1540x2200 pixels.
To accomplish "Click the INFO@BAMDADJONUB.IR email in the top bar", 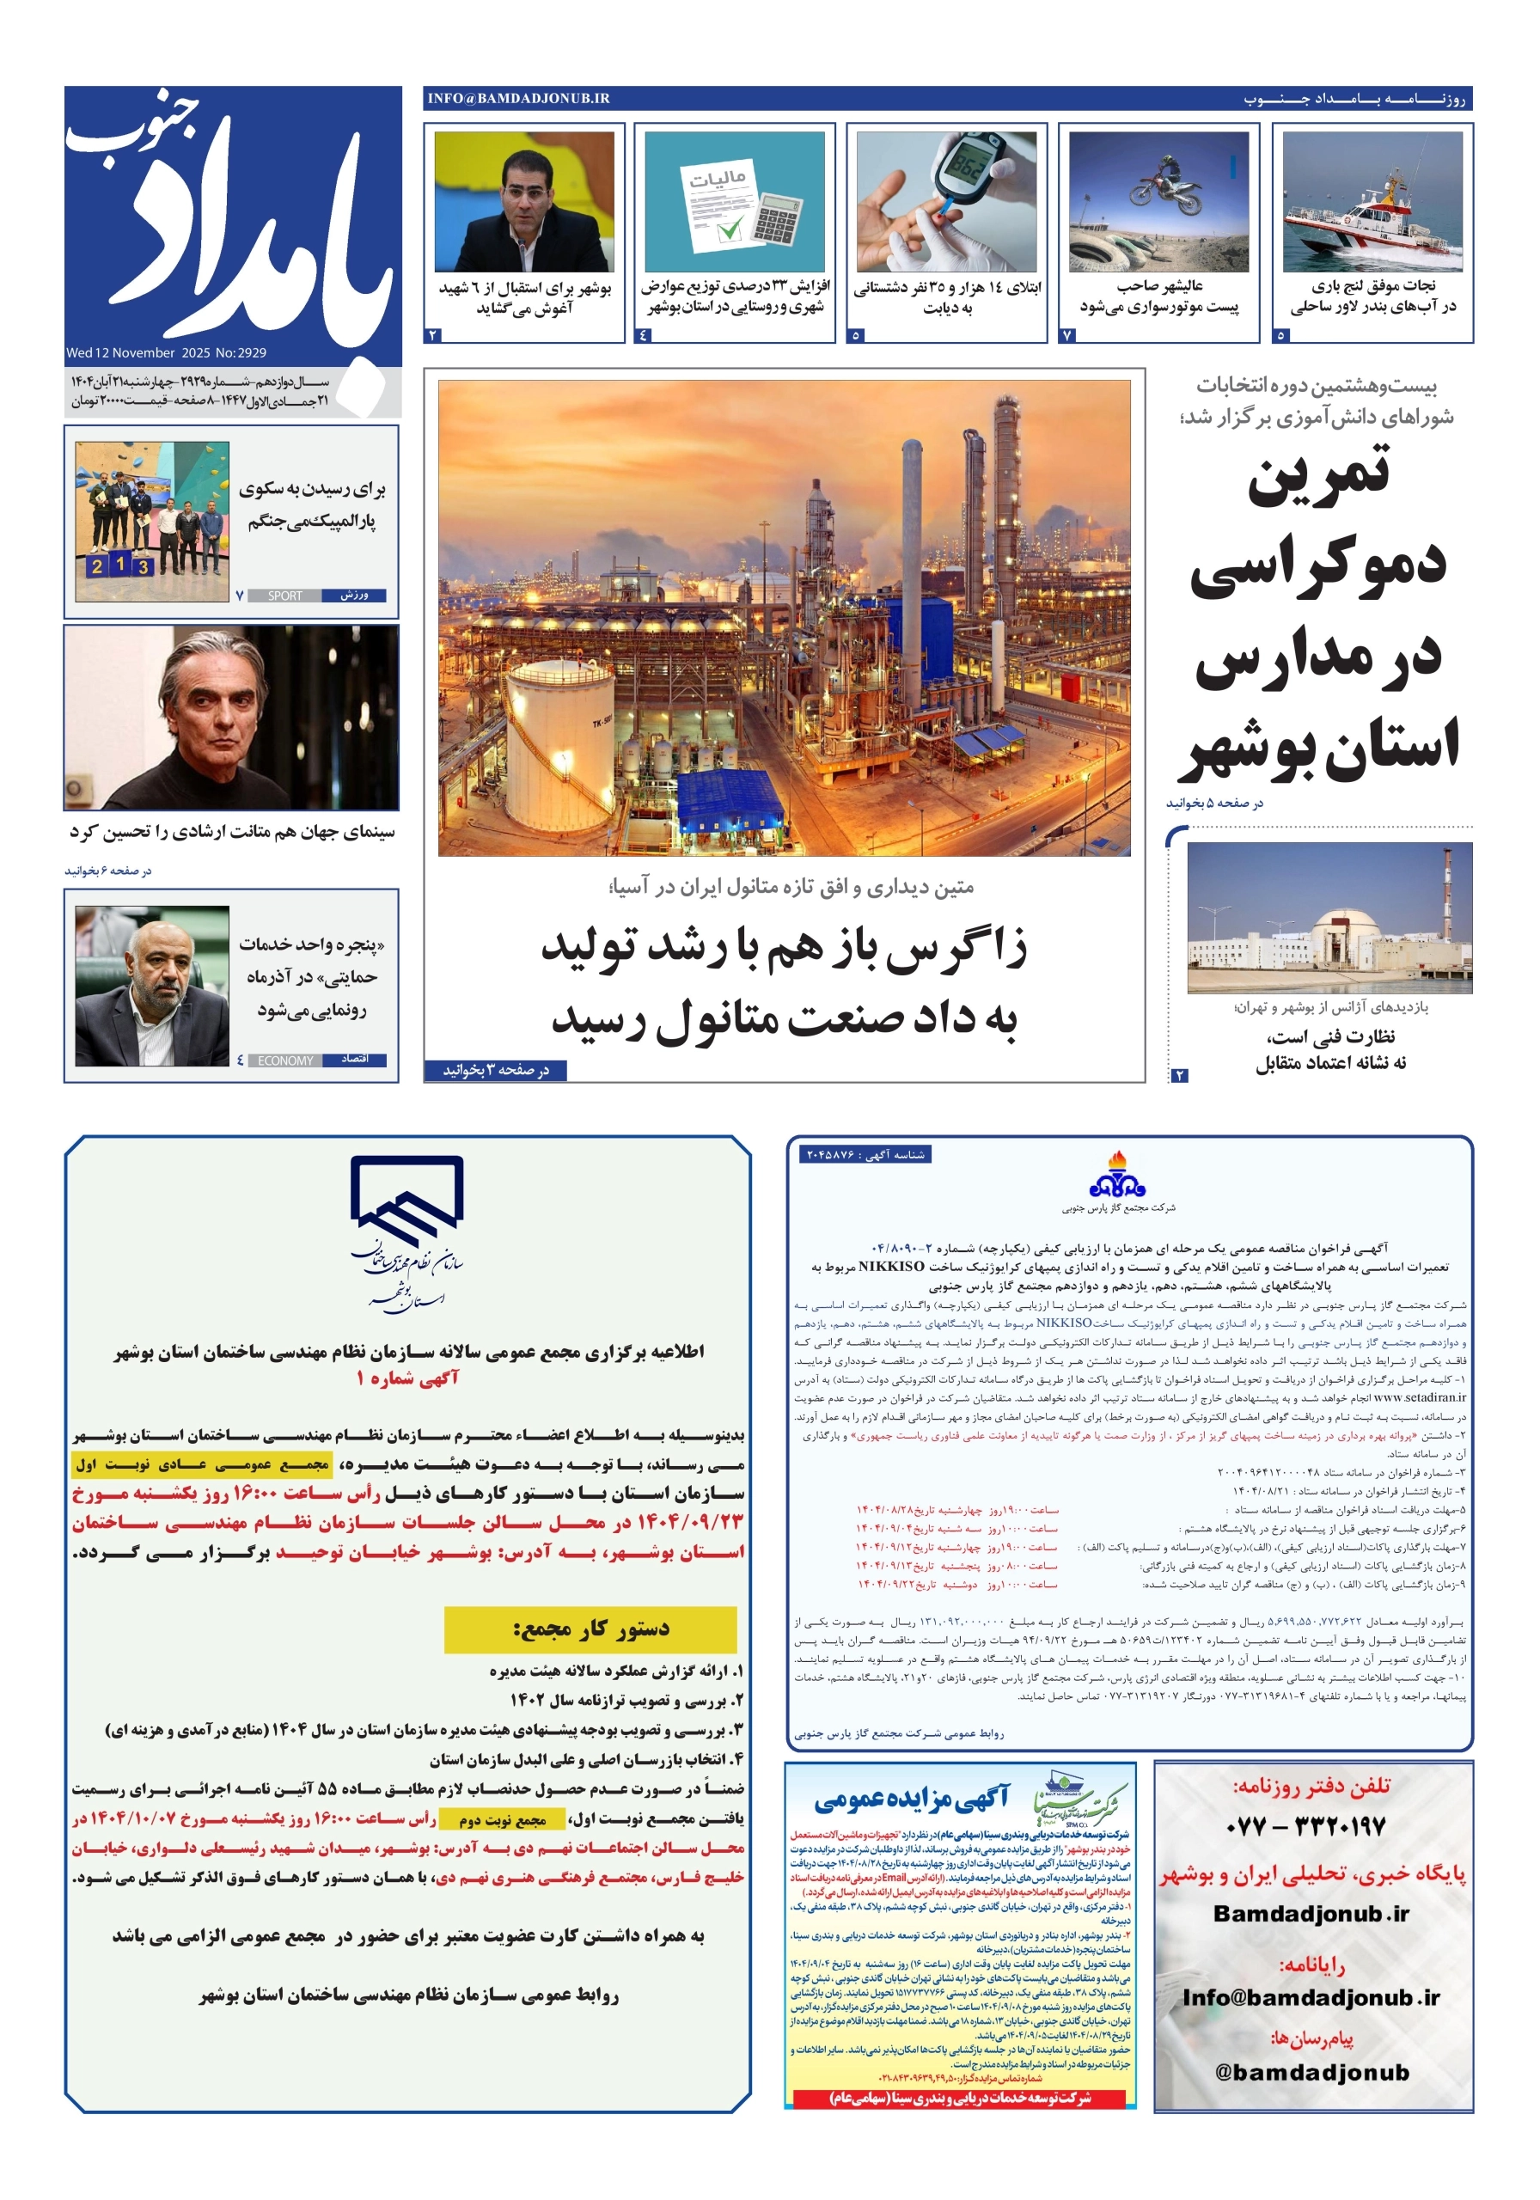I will pyautogui.click(x=518, y=99).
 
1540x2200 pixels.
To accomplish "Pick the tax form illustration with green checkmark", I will pyautogui.click(x=732, y=201).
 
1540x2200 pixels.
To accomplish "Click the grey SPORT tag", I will pyautogui.click(x=284, y=596).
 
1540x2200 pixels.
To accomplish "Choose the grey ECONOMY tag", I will pyautogui.click(x=284, y=1060).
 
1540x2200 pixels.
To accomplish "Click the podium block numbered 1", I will pyautogui.click(x=119, y=565).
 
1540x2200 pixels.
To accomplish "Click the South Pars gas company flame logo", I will pyautogui.click(x=1116, y=1175).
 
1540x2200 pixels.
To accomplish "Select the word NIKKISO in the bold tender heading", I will pyautogui.click(x=890, y=1266).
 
